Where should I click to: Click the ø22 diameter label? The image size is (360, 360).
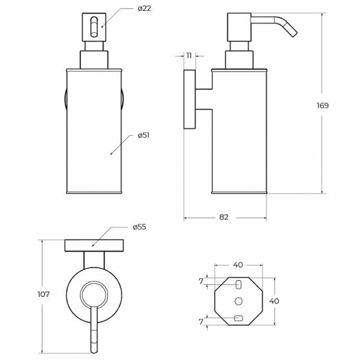(144, 9)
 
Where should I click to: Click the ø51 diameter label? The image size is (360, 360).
(143, 136)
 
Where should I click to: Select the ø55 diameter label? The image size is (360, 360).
(139, 227)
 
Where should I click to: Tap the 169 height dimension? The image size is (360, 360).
(323, 106)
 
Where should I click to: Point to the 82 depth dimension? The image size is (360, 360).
(224, 217)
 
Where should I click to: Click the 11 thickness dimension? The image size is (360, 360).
(189, 56)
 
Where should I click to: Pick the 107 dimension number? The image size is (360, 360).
(43, 294)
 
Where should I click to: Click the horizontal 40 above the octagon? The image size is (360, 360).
(238, 265)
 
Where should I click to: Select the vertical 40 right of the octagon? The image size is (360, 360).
(274, 301)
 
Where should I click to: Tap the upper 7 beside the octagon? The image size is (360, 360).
(201, 281)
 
